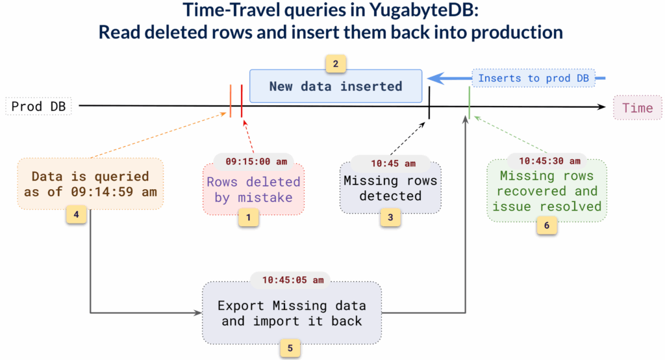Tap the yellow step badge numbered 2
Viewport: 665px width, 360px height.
(336, 64)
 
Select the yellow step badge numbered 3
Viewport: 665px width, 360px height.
(390, 218)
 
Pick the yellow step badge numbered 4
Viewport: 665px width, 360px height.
(76, 214)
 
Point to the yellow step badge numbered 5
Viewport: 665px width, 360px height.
(290, 348)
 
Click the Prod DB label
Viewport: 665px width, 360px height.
(38, 106)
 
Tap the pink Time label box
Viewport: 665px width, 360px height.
(637, 108)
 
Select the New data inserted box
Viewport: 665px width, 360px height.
(336, 86)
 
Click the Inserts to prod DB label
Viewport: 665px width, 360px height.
(533, 78)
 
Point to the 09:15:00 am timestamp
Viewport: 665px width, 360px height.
(253, 161)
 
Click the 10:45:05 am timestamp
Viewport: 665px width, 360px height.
(290, 281)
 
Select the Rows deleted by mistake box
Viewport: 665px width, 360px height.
(253, 189)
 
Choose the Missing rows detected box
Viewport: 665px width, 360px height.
(390, 188)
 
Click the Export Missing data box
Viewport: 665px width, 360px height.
(291, 313)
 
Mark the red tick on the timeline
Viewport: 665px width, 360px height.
(242, 101)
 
